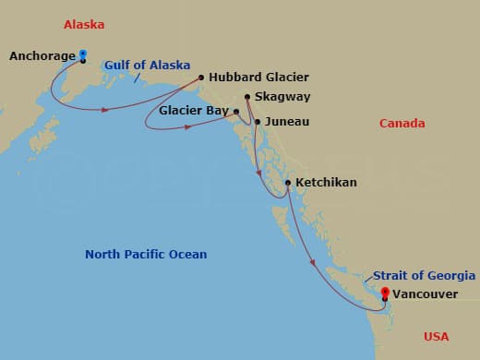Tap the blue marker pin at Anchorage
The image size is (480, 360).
(x=83, y=54)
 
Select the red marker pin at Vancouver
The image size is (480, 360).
(x=385, y=292)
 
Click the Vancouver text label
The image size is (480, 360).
(x=424, y=294)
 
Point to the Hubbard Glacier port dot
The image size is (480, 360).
(x=201, y=78)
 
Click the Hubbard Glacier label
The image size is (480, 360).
(x=258, y=78)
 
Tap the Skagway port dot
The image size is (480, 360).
(x=247, y=96)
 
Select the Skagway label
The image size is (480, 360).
(x=283, y=96)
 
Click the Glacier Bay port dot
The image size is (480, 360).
(x=237, y=111)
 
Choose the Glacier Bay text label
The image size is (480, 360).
(x=194, y=110)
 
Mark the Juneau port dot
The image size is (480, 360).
(x=258, y=121)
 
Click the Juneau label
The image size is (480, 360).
(x=286, y=121)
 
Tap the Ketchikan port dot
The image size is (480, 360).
(x=288, y=183)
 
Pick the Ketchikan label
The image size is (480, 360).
(x=326, y=183)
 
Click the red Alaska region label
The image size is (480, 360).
(x=83, y=24)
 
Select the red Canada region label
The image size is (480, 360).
(x=402, y=123)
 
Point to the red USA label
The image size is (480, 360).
(x=438, y=336)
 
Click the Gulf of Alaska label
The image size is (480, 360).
(x=147, y=66)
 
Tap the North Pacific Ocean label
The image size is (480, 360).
(x=146, y=254)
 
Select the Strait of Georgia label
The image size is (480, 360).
(x=425, y=275)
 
